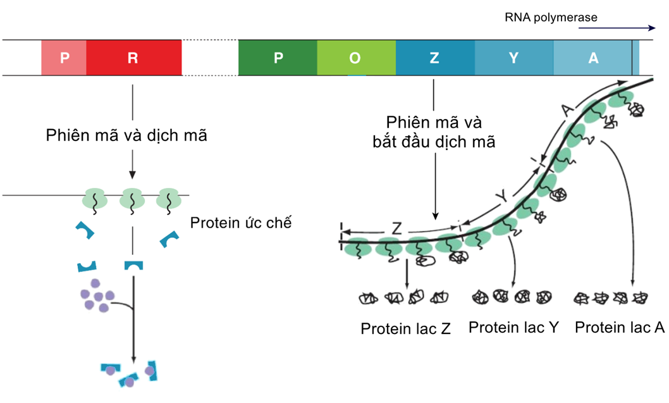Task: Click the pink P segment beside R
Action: tap(63, 58)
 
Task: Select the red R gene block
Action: tap(133, 58)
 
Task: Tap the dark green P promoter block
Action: tap(278, 58)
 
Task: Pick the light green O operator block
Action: tap(356, 58)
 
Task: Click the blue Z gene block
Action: tap(434, 58)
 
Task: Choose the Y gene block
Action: tap(513, 58)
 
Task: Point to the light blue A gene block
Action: tap(592, 58)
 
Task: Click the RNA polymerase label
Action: tap(550, 18)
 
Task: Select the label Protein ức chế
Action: tap(240, 223)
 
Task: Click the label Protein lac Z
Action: tap(405, 329)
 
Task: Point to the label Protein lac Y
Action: tap(513, 328)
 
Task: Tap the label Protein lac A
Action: tap(620, 328)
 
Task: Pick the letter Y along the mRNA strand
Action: tap(501, 197)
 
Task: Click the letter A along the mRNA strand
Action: tap(567, 111)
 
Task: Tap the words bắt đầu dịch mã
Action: tap(434, 142)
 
